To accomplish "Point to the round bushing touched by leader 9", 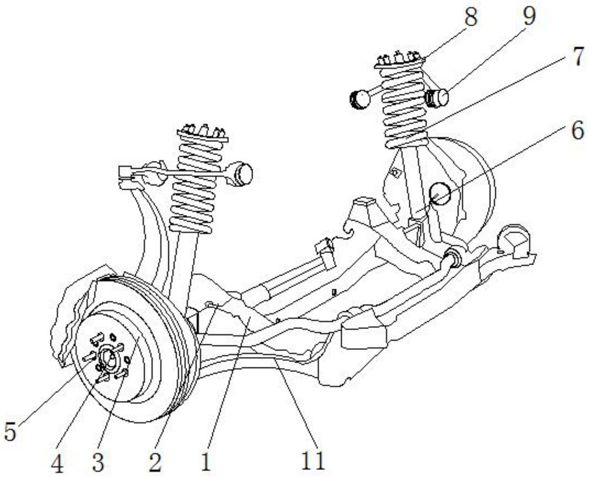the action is click(438, 98).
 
